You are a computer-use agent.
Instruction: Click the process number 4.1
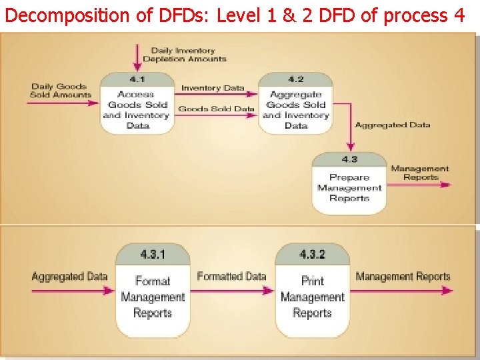137,80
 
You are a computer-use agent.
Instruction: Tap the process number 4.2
295,80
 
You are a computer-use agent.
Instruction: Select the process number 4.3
349,160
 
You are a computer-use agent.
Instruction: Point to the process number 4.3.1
153,255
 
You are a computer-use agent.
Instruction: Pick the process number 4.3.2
312,255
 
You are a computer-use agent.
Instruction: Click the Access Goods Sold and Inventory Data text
137,110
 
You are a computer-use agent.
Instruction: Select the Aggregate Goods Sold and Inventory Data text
295,110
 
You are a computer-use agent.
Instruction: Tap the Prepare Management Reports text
349,187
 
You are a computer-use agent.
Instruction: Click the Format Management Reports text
153,297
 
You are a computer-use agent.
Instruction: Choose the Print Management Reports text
312,297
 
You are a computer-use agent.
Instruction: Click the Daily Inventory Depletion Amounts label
184,55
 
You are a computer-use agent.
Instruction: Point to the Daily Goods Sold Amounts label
60,91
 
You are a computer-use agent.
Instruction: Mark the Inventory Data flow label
213,88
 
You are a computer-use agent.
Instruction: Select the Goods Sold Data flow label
216,109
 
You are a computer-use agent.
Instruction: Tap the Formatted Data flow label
231,276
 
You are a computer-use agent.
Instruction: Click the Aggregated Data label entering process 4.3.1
69,276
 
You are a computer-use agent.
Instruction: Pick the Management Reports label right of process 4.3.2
403,276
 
